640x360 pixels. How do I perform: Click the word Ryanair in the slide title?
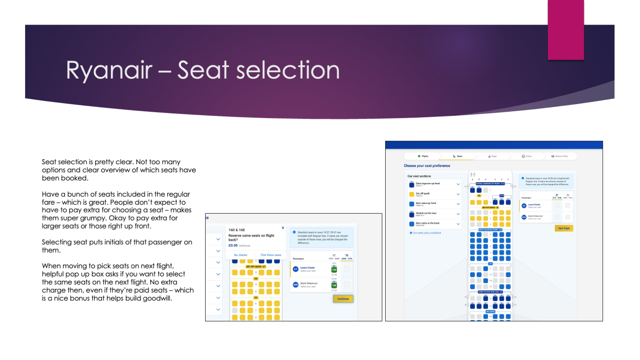tap(109, 70)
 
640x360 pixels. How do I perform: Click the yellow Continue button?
tap(343, 299)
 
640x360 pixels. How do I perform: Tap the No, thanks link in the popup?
tap(241, 255)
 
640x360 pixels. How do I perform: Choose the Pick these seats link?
tap(271, 255)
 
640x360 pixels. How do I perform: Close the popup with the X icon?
tap(283, 228)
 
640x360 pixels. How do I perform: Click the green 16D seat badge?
tap(334, 270)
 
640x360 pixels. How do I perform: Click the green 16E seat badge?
tap(334, 285)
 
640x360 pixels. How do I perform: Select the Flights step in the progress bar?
tap(423, 156)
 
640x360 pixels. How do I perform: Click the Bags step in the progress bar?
tap(493, 156)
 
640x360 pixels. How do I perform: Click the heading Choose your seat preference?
tap(427, 165)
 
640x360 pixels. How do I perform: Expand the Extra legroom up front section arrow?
tap(458, 184)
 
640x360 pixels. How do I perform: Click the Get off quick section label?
tap(423, 194)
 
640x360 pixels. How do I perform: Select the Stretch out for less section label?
tap(426, 213)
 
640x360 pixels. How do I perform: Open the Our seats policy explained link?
tap(427, 233)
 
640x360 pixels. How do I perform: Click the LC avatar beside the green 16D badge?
tap(295, 269)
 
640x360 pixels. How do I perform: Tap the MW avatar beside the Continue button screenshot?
tap(295, 285)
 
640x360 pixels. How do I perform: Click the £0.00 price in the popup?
tap(233, 246)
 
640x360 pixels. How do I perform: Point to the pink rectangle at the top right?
tap(566, 30)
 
